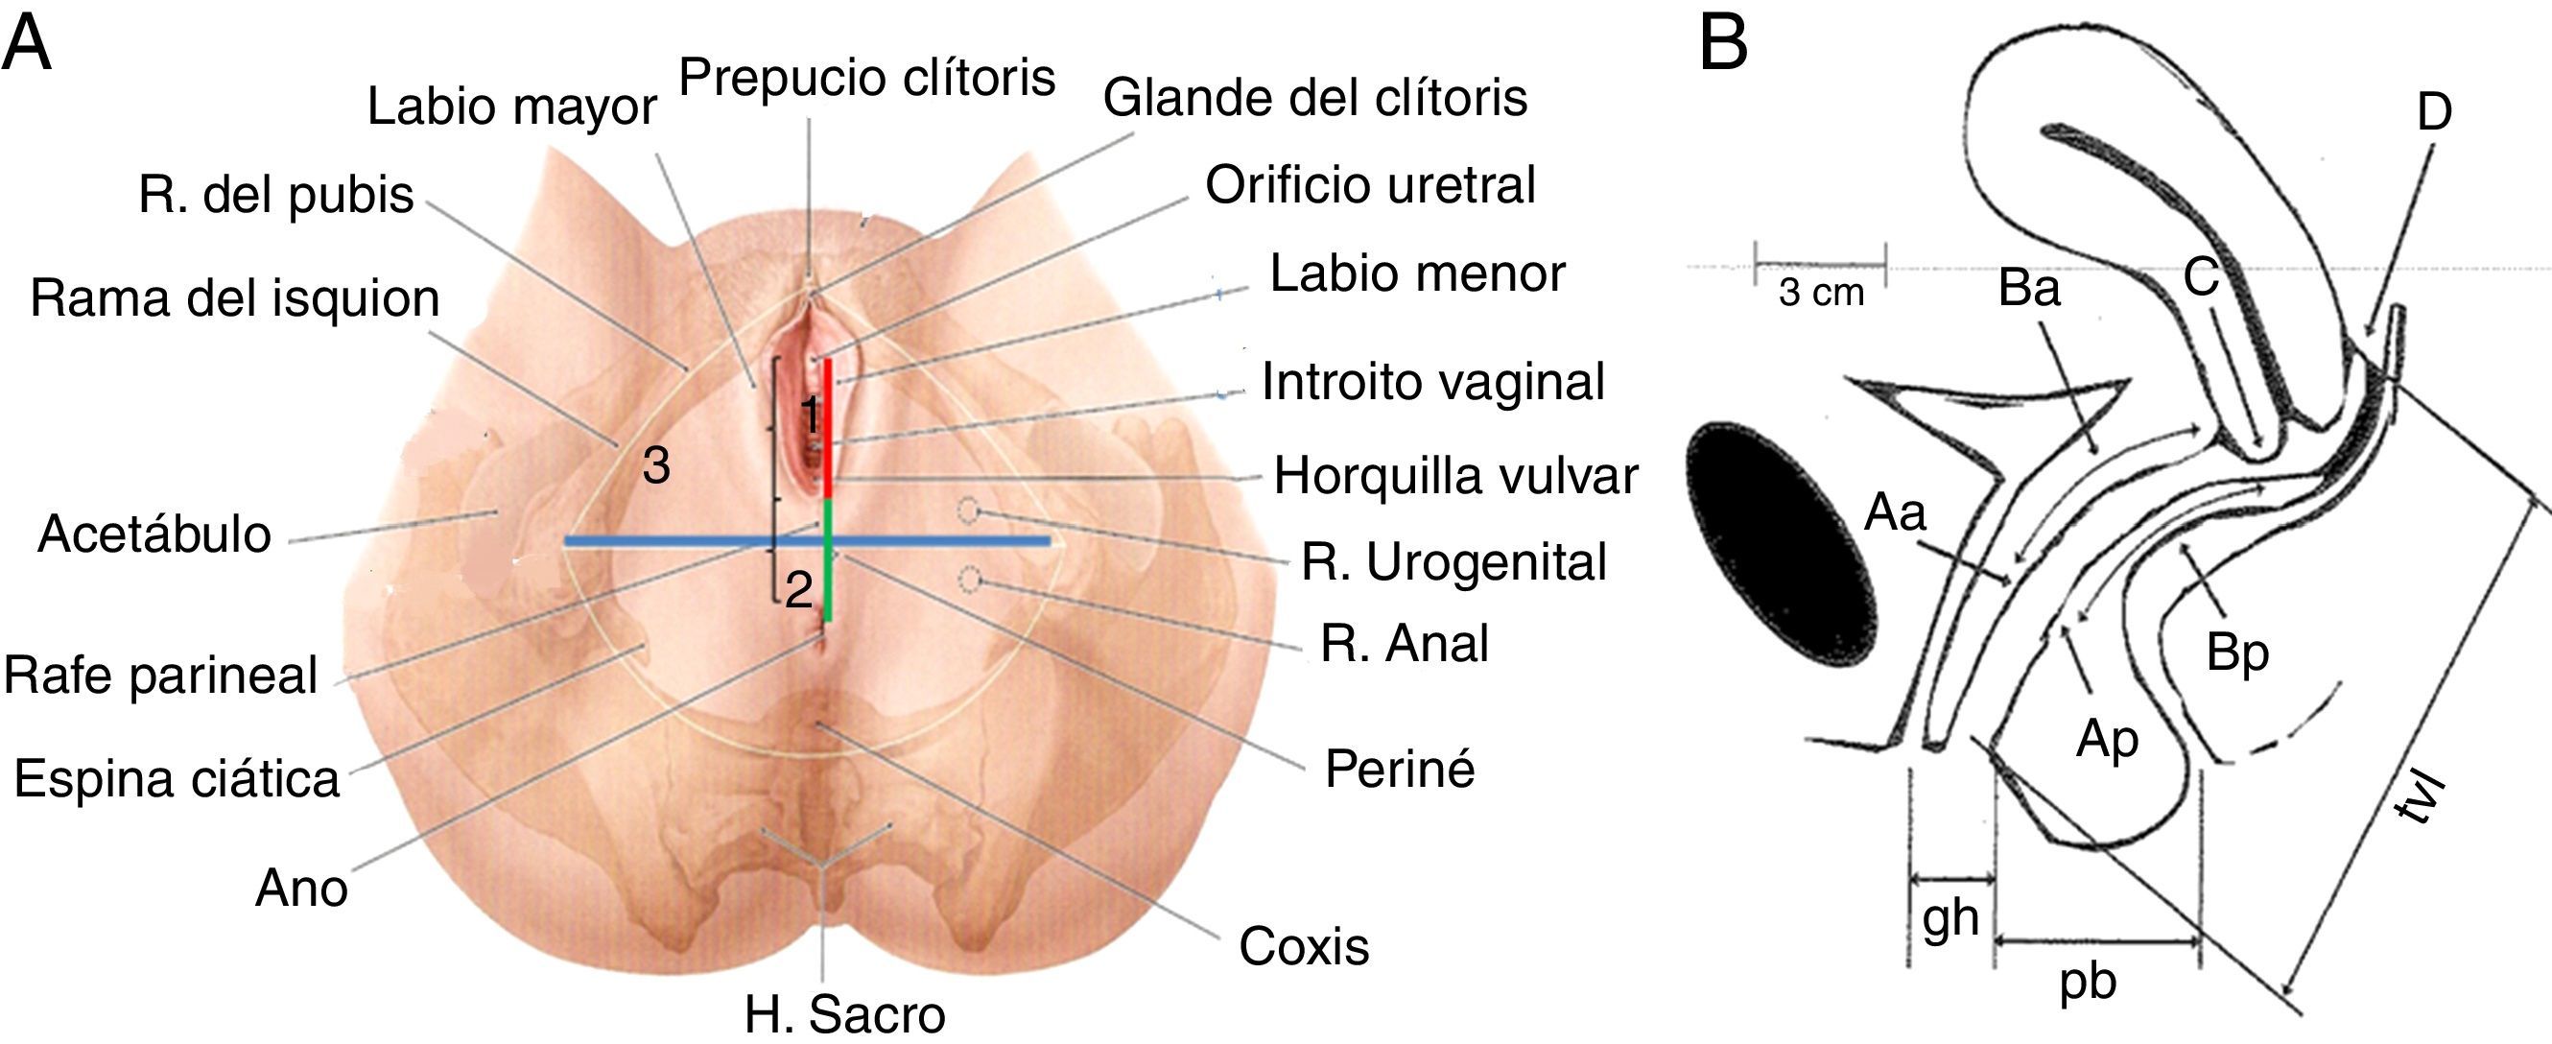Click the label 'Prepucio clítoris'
[x=867, y=78]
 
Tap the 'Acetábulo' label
[x=154, y=534]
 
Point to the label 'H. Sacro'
[x=845, y=1013]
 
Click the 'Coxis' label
[x=1304, y=947]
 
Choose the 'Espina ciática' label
[x=177, y=778]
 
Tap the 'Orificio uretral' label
[x=1370, y=185]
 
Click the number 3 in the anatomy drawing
[x=656, y=465]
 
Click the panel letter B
[x=1724, y=44]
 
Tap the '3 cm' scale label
[x=1821, y=294]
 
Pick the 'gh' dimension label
[x=1950, y=918]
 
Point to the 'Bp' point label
[x=2237, y=653]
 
